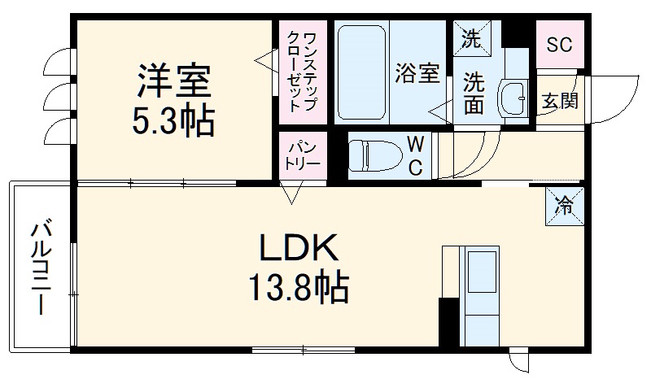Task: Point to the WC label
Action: coord(415,155)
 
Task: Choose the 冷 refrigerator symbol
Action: coord(562,206)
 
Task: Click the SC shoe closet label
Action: coord(558,44)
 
